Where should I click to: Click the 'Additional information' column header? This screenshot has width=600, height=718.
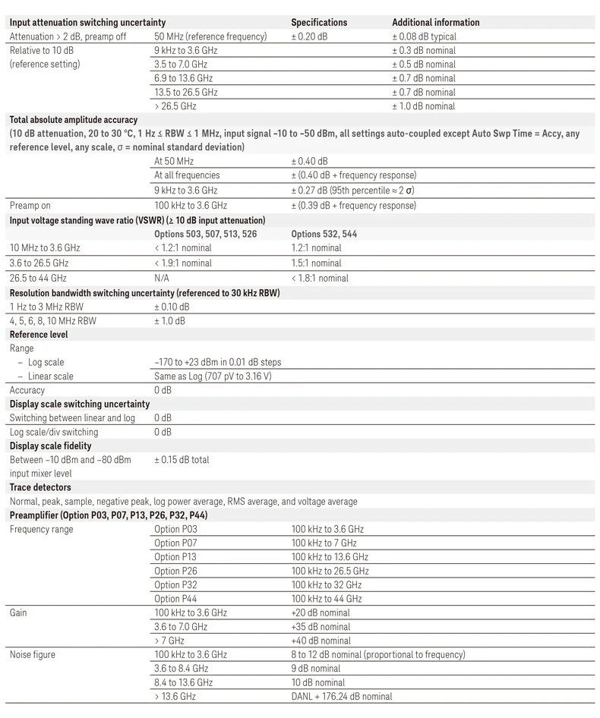pos(435,23)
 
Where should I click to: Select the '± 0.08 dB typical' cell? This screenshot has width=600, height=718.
pos(424,36)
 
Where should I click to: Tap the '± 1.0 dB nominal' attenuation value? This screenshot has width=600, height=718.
pos(423,106)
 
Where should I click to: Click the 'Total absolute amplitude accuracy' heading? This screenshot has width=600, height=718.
pos(73,120)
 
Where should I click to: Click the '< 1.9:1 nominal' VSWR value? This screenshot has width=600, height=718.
pos(183,263)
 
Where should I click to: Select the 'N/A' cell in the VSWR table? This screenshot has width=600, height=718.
pos(162,278)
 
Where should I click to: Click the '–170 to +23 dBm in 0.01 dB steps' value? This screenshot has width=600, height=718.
pos(217,362)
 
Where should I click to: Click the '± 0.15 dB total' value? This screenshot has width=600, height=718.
pos(182,460)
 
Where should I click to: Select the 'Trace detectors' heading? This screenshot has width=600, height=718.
pos(39,487)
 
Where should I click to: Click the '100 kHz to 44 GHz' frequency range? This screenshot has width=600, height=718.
pos(327,598)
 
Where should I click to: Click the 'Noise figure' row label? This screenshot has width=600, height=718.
pos(32,654)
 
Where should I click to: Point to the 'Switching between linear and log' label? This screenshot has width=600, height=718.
pos(71,417)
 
